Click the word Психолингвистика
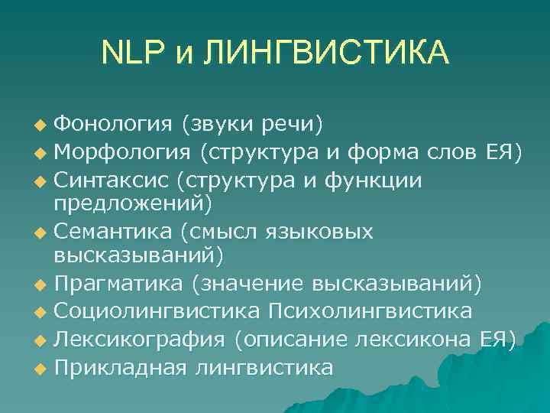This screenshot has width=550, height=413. coord(370,312)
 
